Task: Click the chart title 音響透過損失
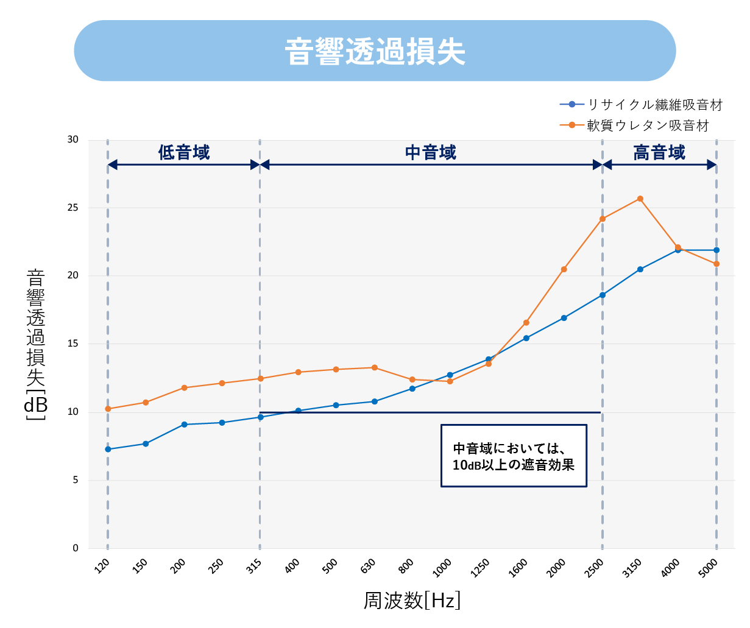[375, 51]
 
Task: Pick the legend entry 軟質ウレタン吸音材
[648, 125]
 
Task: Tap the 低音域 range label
[184, 152]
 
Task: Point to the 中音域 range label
[431, 152]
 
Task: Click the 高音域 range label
[659, 152]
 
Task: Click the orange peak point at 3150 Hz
[640, 199]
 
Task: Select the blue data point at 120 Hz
[108, 450]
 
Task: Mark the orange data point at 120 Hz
[108, 409]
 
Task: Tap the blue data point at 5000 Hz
[716, 250]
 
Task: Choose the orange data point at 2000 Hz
[564, 269]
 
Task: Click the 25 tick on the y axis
[73, 208]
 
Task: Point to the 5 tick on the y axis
[76, 480]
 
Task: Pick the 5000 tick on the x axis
[709, 568]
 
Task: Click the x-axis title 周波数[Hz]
[412, 601]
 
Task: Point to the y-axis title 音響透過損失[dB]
[36, 345]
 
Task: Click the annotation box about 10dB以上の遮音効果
[514, 456]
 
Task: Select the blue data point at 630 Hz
[375, 401]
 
